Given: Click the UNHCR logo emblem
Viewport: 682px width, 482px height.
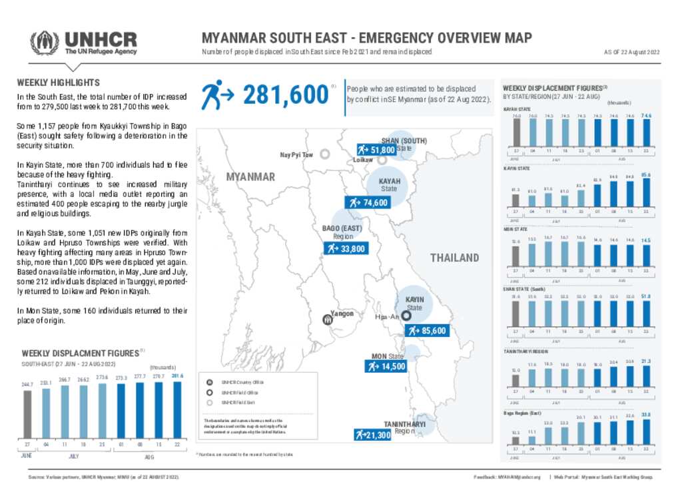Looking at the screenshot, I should (x=45, y=43).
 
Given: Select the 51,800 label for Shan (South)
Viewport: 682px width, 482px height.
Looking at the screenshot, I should (x=376, y=150).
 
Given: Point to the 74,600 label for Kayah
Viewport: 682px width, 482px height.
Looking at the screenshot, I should (x=367, y=202).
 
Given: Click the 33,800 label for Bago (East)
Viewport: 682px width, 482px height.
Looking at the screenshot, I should (x=345, y=249).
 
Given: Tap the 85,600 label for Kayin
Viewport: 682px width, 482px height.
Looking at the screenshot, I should (x=426, y=331).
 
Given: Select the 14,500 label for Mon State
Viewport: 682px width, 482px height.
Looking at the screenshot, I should (x=386, y=366).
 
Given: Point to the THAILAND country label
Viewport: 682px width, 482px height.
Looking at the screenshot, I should (x=454, y=258).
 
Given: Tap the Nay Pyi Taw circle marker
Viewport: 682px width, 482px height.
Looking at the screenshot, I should (x=325, y=154).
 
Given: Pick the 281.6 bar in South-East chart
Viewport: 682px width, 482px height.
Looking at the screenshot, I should (x=177, y=410).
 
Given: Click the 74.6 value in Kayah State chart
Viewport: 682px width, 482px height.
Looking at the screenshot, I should (x=646, y=116).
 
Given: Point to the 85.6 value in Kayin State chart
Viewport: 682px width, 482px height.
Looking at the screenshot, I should (x=646, y=175).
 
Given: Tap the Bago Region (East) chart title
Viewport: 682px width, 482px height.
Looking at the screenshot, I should (x=522, y=413).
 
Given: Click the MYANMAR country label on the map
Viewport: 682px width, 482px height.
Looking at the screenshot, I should (x=250, y=177).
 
